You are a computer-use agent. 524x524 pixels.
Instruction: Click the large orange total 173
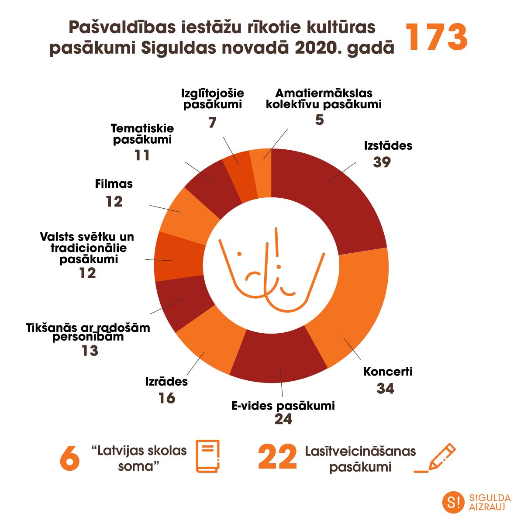point(437,38)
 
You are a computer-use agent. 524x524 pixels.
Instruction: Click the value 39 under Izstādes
point(382,162)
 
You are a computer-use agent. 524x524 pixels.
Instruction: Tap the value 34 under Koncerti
point(385,388)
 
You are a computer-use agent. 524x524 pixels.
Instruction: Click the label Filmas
point(114,184)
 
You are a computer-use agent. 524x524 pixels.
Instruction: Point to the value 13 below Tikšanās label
point(90,351)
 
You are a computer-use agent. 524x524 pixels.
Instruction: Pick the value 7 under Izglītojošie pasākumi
point(213,123)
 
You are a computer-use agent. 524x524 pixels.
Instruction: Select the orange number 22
point(277,458)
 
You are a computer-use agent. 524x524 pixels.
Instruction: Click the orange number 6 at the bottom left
point(69,458)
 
